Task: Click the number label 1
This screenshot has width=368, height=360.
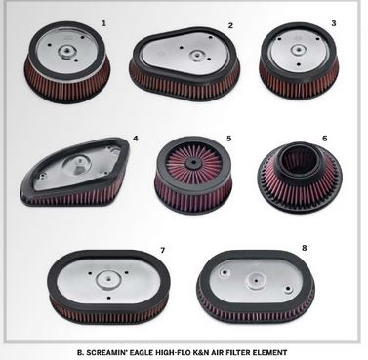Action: coord(103,20)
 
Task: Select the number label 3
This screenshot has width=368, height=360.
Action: coord(333,21)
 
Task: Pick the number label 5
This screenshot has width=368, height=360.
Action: coord(228,139)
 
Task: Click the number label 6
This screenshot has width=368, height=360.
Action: coord(323,139)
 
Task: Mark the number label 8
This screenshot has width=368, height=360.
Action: coord(305,248)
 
